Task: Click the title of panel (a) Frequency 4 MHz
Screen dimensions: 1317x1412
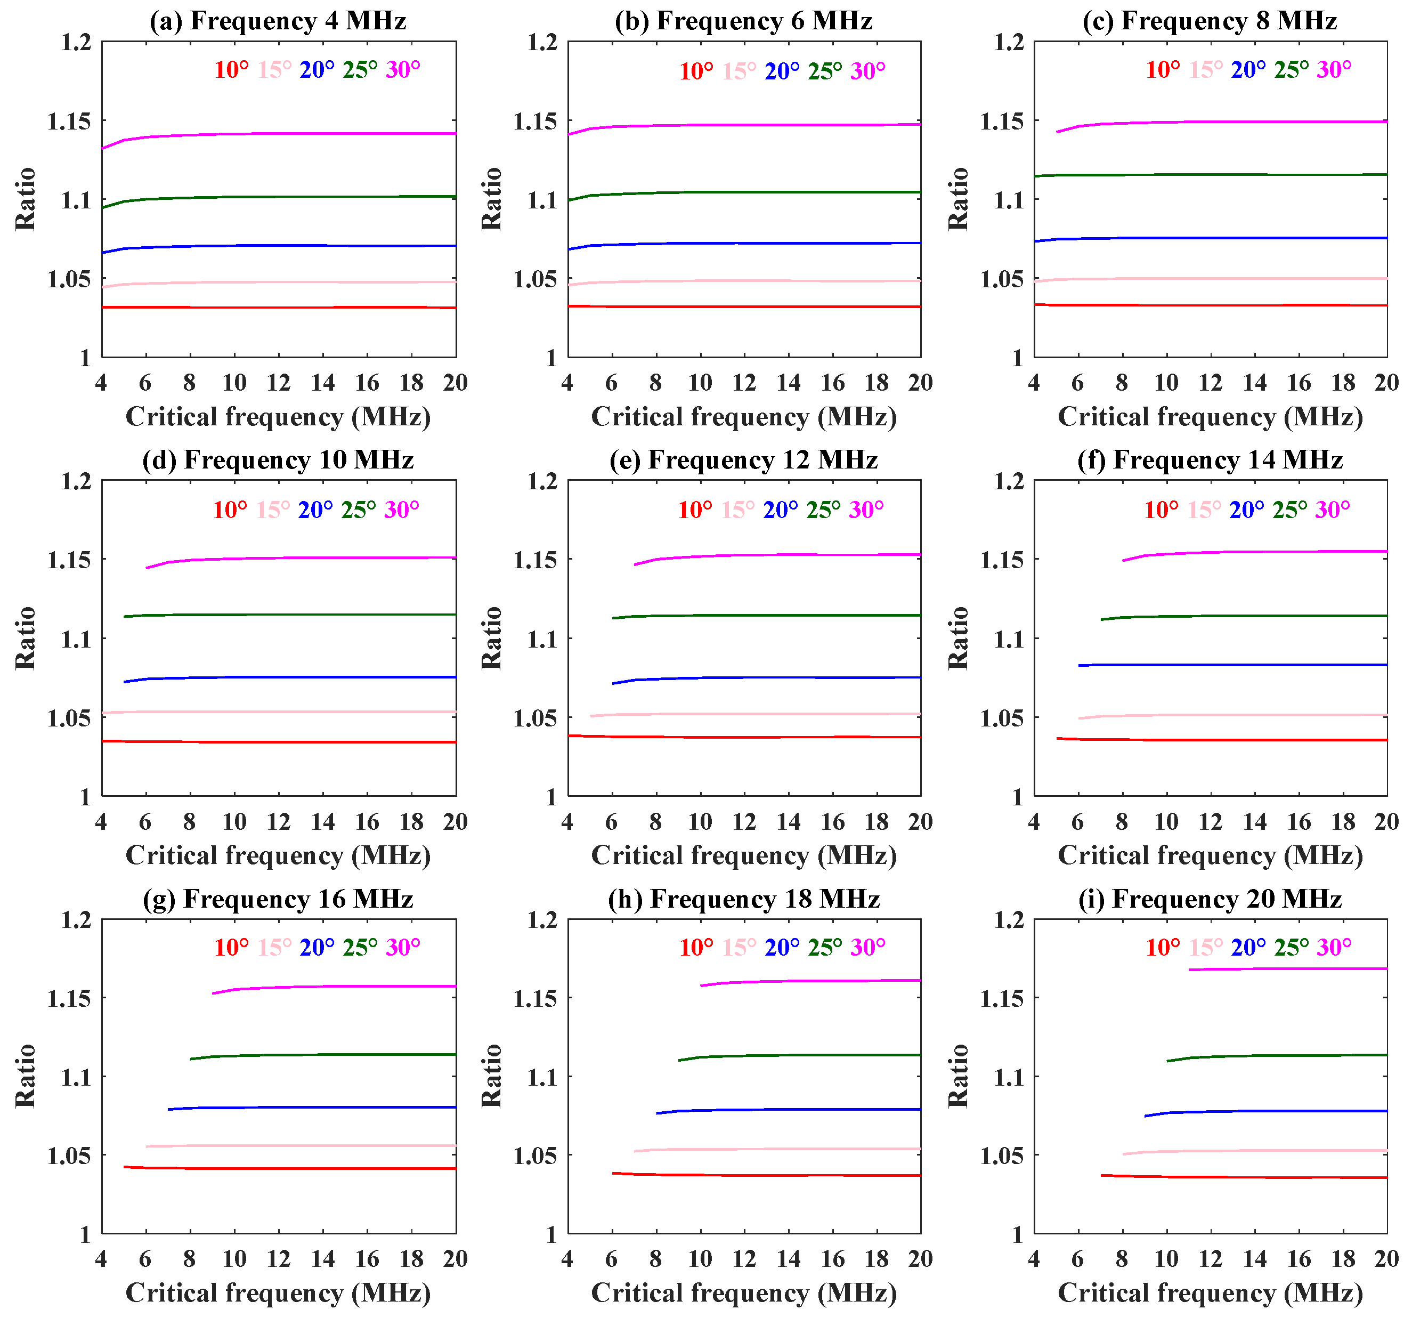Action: tap(278, 21)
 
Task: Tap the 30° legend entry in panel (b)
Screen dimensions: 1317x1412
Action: tap(867, 71)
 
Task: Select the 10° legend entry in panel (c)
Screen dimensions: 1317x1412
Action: tap(1162, 70)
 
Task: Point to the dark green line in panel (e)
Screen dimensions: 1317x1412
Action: tap(781, 615)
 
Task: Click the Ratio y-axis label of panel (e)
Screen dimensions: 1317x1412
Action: tap(491, 638)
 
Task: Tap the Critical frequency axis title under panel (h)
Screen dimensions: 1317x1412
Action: tap(744, 1293)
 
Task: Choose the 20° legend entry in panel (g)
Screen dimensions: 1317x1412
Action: tap(317, 947)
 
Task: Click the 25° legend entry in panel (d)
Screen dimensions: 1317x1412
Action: tap(359, 510)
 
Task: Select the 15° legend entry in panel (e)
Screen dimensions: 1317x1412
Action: tap(738, 510)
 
